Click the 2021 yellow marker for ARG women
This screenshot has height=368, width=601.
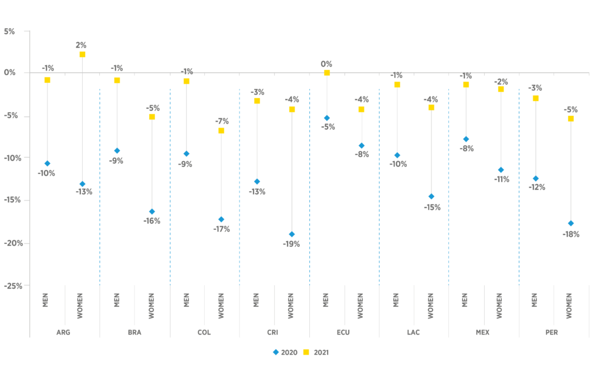click(x=82, y=55)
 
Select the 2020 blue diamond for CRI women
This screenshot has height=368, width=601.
click(x=292, y=235)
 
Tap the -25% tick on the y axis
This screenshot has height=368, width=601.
click(x=11, y=286)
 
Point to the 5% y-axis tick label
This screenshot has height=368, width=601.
click(x=9, y=31)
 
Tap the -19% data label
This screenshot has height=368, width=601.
click(x=292, y=245)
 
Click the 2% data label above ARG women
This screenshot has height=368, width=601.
click(x=81, y=45)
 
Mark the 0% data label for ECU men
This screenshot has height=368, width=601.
click(x=326, y=63)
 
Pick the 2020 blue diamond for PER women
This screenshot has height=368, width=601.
click(x=570, y=223)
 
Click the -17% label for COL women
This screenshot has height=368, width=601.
click(x=221, y=229)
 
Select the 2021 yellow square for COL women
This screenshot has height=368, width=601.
click(x=221, y=131)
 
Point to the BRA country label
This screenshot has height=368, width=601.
click(x=134, y=332)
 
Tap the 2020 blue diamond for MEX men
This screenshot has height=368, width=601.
click(x=466, y=139)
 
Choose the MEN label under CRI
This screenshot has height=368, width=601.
click(x=256, y=300)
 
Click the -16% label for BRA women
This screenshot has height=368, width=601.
click(x=151, y=221)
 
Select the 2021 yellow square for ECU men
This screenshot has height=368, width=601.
click(x=327, y=73)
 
